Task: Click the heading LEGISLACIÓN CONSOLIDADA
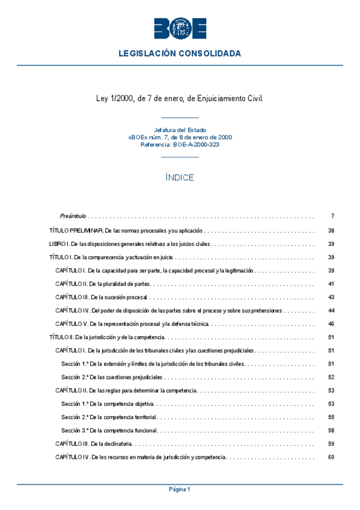[180, 54]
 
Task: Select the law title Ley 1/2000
[180, 97]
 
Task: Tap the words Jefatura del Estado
[180, 130]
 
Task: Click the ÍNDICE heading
[180, 177]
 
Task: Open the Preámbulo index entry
[73, 216]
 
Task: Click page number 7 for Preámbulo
[332, 216]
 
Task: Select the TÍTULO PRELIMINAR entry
[126, 231]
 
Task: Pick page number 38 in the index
[331, 231]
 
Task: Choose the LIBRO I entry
[129, 244]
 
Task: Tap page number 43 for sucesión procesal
[331, 297]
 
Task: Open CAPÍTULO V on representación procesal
[132, 324]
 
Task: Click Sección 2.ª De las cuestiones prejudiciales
[112, 377]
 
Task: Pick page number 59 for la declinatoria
[331, 444]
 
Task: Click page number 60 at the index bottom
[331, 457]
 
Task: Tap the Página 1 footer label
[180, 490]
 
